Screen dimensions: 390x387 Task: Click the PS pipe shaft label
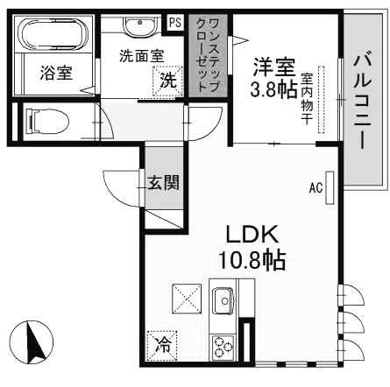pos(175,22)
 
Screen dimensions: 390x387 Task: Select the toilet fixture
pos(47,121)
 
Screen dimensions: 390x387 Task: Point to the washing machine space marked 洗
pos(168,81)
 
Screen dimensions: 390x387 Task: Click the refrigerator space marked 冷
pos(162,345)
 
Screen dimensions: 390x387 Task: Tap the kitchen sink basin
pos(223,299)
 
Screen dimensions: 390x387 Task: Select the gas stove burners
pos(223,347)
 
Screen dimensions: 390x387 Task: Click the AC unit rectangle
pos(330,187)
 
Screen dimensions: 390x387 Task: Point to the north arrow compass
pos(31,342)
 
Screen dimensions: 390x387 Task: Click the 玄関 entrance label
pos(163,183)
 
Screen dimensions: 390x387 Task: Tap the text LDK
pos(252,235)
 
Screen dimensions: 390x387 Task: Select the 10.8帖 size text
pos(252,260)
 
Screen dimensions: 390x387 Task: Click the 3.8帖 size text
pos(273,89)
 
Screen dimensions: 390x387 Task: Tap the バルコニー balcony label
pos(363,100)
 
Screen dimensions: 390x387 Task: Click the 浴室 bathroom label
pos(56,73)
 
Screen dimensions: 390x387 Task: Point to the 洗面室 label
pos(142,56)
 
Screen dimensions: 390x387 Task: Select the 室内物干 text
pos(307,99)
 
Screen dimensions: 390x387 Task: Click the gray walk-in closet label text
pos(208,54)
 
